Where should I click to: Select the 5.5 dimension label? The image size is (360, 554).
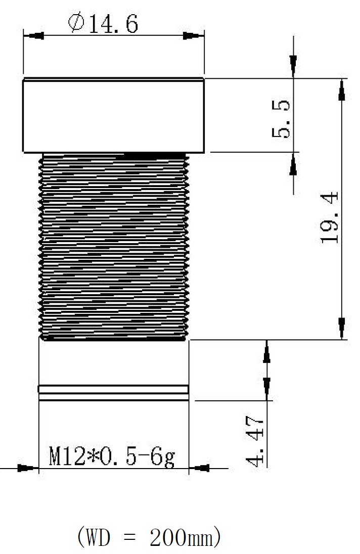click(x=281, y=119)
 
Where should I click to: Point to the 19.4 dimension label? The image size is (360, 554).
click(x=329, y=217)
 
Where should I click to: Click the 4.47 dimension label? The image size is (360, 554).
click(x=255, y=441)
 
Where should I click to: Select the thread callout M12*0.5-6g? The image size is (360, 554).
click(x=112, y=456)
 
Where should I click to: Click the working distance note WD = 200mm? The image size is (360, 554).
click(x=149, y=537)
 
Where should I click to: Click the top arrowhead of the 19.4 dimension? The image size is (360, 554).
click(x=342, y=90)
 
